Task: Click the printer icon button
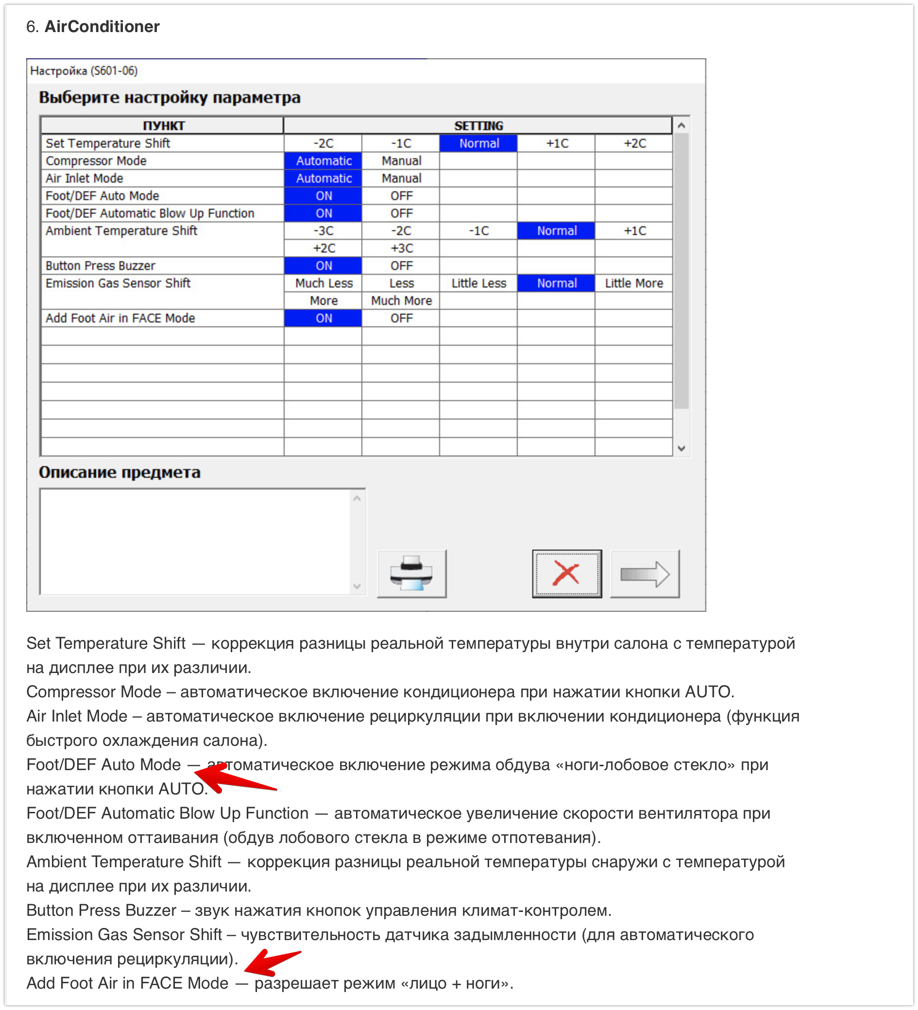[411, 573]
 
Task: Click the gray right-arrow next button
[645, 573]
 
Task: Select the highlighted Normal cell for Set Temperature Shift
[478, 143]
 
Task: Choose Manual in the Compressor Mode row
[401, 161]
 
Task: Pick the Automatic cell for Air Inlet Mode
[323, 178]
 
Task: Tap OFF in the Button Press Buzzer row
[401, 266]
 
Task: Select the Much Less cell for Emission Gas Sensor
[323, 283]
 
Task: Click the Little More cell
[634, 283]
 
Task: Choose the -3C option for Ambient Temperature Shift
[323, 231]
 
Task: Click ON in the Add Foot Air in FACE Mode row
[323, 318]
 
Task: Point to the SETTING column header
[478, 125]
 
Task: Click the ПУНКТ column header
[163, 125]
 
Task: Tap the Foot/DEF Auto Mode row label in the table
[102, 196]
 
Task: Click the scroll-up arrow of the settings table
[681, 126]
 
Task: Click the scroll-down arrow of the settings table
[681, 448]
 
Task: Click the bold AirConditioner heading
[102, 27]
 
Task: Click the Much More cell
[401, 301]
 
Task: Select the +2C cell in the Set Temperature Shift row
[634, 143]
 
